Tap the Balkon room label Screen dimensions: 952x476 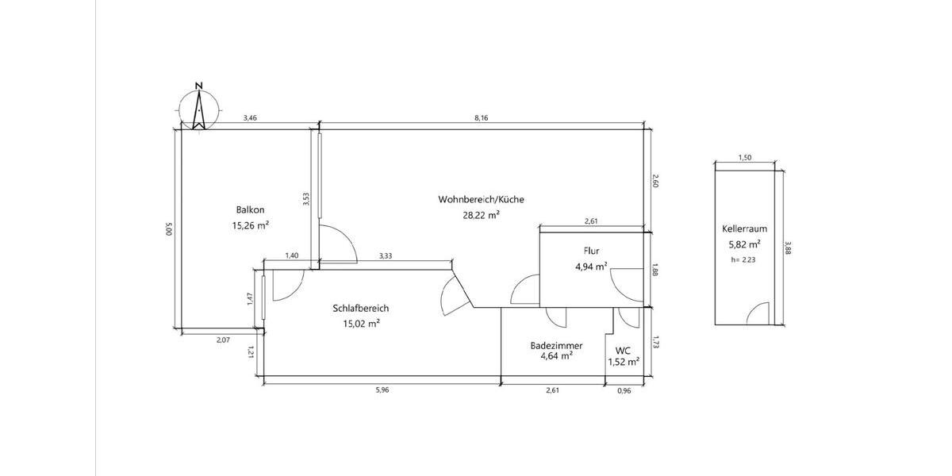250,209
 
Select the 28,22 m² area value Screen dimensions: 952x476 481,215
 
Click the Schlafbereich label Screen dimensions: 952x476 360,308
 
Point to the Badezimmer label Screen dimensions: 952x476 556,346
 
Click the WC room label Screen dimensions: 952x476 623,351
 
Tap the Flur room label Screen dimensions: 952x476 591,251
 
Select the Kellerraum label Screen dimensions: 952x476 745,228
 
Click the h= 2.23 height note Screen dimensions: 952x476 743,259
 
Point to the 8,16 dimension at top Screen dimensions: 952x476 481,118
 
